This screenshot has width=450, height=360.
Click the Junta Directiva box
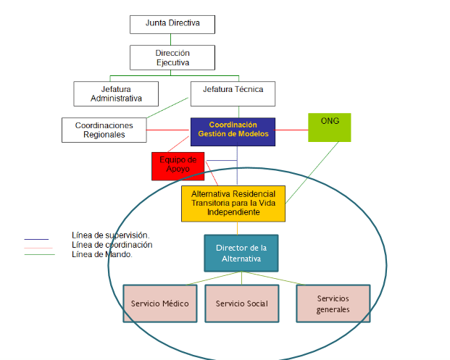point(172,24)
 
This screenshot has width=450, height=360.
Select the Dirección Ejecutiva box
point(172,58)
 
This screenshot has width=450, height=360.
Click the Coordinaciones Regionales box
point(104,130)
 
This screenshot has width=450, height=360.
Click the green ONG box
point(330,127)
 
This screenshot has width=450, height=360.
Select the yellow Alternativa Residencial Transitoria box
point(233,204)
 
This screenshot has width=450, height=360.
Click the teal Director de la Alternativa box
point(241,253)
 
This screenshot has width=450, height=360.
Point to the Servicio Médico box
point(160,303)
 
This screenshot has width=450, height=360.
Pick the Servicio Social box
point(241,303)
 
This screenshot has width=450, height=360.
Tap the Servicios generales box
point(333,304)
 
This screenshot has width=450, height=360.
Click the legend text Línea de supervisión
point(111,235)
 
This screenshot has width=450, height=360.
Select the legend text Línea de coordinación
point(112,245)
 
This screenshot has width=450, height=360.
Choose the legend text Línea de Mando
point(102,254)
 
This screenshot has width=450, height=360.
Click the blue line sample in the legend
point(36,238)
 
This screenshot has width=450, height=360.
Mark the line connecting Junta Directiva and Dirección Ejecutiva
point(172,39)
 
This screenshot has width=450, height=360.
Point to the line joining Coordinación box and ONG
point(292,130)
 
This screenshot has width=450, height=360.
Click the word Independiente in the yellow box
point(233,213)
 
